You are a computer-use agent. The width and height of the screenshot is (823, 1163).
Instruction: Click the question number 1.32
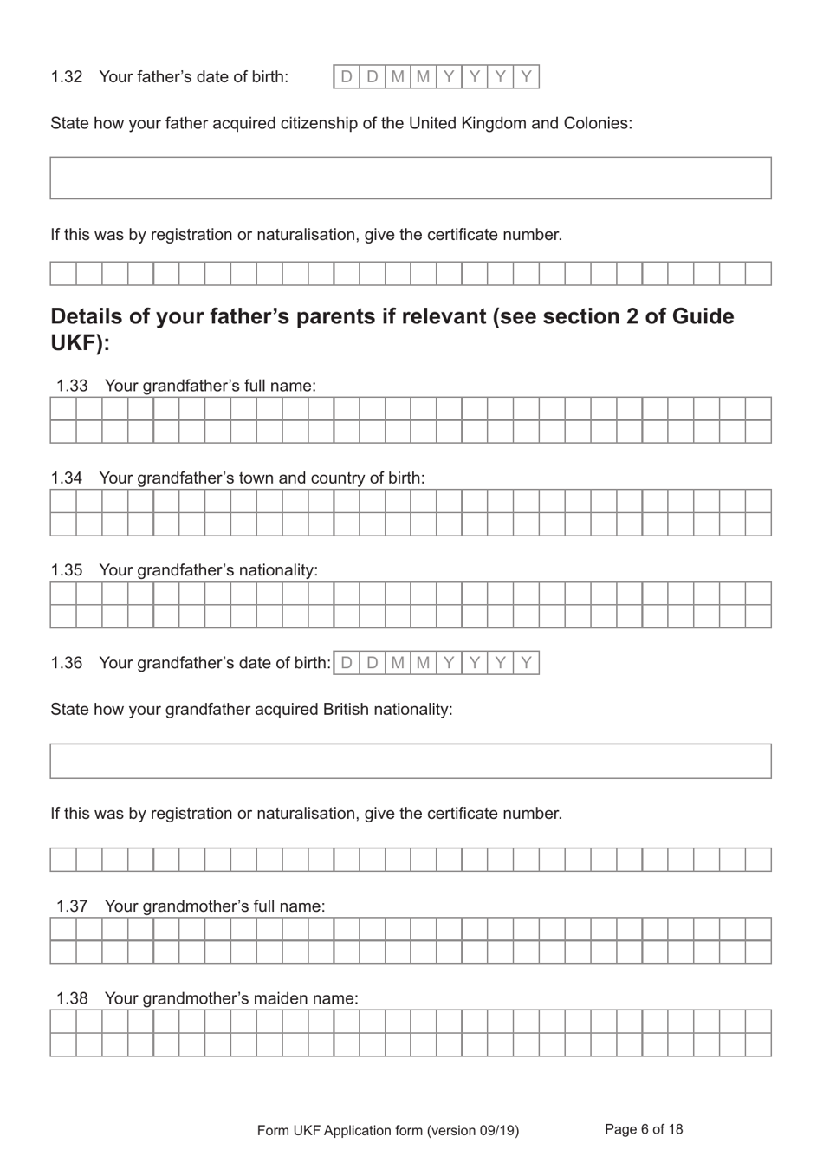coord(67,77)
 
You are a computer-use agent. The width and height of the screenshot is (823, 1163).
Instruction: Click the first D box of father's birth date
coord(347,77)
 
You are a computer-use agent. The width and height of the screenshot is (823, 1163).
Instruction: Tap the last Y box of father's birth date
coord(526,77)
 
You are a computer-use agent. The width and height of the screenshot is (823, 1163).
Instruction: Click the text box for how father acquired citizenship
coord(411,179)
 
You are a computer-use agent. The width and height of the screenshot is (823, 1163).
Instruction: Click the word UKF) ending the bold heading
coord(81,343)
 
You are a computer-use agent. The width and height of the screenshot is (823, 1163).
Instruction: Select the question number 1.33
coord(72,387)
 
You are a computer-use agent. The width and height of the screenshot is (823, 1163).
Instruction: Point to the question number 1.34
coord(67,478)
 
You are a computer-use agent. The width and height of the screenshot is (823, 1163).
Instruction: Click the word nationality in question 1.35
coord(276,570)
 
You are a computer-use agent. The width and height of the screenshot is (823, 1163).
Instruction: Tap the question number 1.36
coord(67,663)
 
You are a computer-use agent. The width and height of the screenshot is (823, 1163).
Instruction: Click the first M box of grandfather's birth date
coord(398,663)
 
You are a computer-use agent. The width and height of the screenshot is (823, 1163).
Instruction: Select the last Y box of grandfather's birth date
coord(526,663)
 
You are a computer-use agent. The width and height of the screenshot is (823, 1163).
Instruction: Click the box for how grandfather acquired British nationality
coord(411,761)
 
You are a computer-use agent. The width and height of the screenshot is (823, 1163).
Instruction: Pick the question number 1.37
coord(72,906)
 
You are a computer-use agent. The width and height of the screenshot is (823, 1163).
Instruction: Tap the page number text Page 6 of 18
coord(644,1129)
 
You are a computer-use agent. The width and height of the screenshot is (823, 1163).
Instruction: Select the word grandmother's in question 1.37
coord(196,906)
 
